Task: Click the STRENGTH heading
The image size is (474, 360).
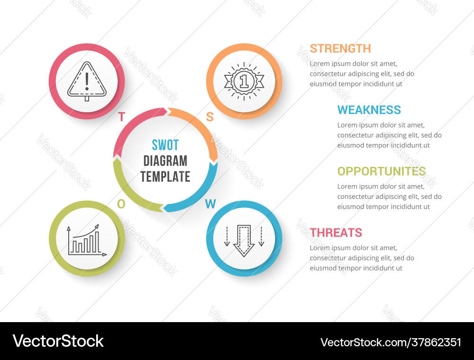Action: click(x=340, y=48)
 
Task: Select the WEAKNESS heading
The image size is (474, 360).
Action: click(x=369, y=110)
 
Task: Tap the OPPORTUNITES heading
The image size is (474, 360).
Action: click(x=381, y=171)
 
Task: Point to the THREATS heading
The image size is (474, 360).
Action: click(x=336, y=233)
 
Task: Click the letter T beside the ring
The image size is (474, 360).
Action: click(x=121, y=117)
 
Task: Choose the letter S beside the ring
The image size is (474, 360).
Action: click(x=210, y=117)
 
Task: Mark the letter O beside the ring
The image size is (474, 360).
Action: click(x=121, y=204)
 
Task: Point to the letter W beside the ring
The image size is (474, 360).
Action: click(x=210, y=204)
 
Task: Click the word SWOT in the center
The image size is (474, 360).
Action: click(x=165, y=145)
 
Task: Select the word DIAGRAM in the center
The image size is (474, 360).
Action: click(x=165, y=161)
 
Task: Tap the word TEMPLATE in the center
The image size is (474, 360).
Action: click(x=165, y=177)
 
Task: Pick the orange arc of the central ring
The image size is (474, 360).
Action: click(x=199, y=126)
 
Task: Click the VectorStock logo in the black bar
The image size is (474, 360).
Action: click(x=58, y=341)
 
